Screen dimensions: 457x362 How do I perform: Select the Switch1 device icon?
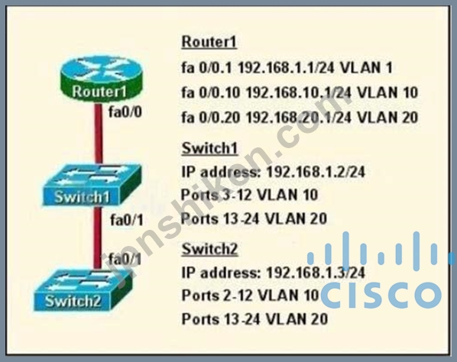point(92,185)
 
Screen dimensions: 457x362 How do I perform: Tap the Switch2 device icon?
point(83,289)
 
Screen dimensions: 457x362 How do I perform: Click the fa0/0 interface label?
point(125,112)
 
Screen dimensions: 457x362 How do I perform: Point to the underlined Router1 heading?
point(209,42)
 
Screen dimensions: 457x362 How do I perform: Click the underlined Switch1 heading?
point(210,148)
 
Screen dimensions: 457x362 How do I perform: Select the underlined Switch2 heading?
point(210,249)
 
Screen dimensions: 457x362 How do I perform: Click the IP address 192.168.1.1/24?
point(287,68)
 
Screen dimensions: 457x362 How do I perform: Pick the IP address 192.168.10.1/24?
point(299,92)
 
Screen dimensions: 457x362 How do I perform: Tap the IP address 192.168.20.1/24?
point(299,118)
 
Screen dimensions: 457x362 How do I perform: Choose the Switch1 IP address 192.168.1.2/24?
point(316,172)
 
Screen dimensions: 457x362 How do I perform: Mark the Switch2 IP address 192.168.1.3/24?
point(316,273)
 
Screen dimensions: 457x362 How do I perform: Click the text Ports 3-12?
point(216,195)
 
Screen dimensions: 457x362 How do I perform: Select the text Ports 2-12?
point(216,296)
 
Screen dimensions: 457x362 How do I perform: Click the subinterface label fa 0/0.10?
point(211,92)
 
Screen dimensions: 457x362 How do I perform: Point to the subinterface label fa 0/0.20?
point(211,118)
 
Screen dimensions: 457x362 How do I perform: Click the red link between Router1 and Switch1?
point(99,134)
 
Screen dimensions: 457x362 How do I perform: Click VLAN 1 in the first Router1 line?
point(366,68)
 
